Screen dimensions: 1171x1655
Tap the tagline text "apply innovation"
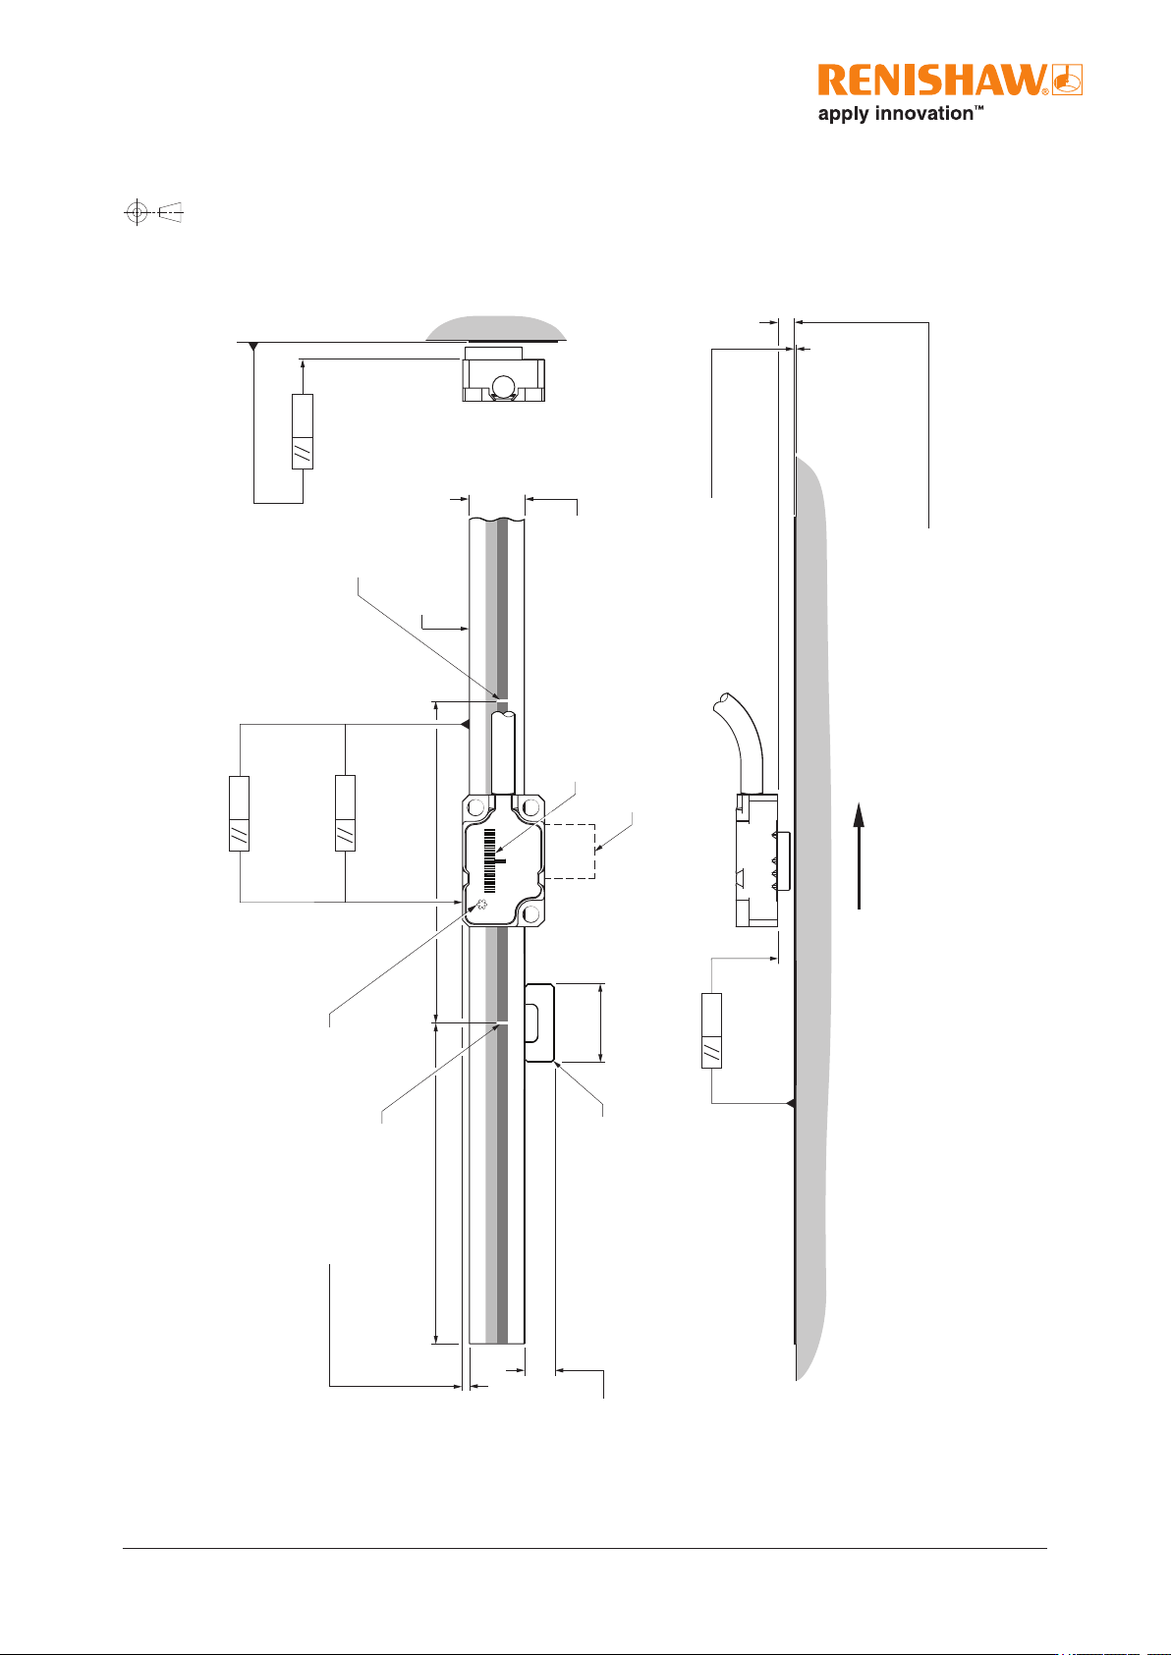pyautogui.click(x=895, y=114)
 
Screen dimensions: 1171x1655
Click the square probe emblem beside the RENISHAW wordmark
pyautogui.click(x=1067, y=80)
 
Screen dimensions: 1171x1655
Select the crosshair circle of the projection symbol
pyautogui.click(x=136, y=213)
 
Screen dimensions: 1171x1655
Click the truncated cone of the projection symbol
pyautogui.click(x=171, y=213)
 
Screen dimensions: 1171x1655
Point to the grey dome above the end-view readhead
pyautogui.click(x=496, y=328)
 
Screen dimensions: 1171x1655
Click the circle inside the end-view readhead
pyautogui.click(x=504, y=386)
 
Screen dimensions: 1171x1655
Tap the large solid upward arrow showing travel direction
pyautogui.click(x=859, y=856)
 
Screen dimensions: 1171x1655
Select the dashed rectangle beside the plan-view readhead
pyautogui.click(x=570, y=852)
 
